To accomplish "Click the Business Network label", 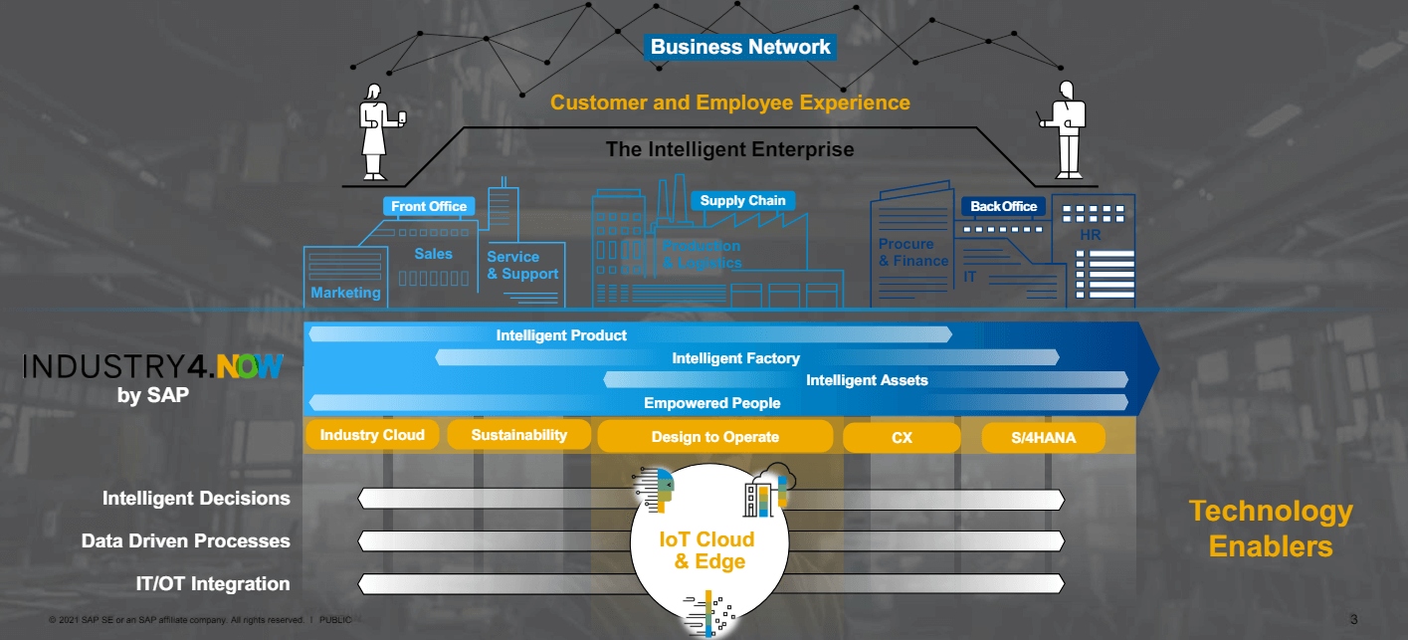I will click(x=739, y=47).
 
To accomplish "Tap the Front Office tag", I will click(x=429, y=207).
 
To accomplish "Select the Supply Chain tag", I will click(x=742, y=201).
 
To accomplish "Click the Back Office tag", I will click(x=1003, y=207).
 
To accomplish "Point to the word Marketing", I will click(x=345, y=293).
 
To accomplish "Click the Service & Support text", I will click(x=522, y=266).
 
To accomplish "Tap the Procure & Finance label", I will click(x=912, y=253).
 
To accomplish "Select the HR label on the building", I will click(x=1091, y=236).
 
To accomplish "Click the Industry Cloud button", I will click(x=372, y=435).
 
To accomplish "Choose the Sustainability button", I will click(x=518, y=435).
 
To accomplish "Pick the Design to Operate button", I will click(x=714, y=437).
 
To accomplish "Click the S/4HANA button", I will click(x=1042, y=437).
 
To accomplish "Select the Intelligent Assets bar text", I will click(x=867, y=380).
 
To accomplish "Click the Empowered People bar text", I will click(x=711, y=403).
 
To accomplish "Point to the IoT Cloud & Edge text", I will click(x=707, y=550).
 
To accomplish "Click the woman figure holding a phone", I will click(x=375, y=131).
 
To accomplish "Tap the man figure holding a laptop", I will click(x=1066, y=129).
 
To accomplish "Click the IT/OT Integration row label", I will click(x=213, y=584).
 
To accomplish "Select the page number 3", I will click(x=1353, y=620).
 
